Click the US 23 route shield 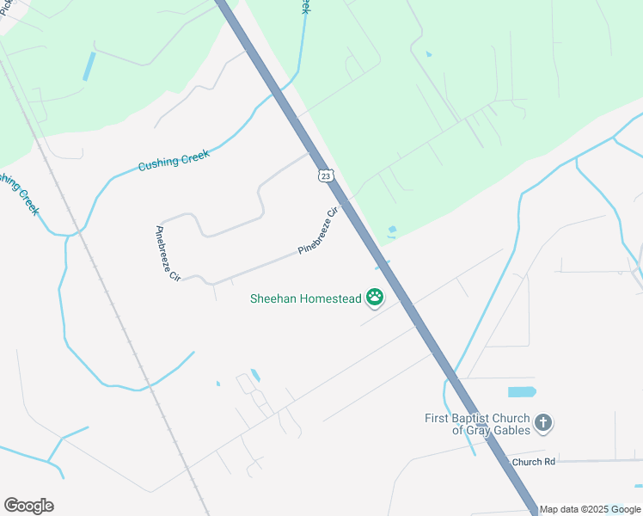324,175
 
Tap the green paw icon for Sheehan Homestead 375,298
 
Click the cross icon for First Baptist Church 542,422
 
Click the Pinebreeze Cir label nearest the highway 318,231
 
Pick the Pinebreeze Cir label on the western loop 167,254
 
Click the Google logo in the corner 28,506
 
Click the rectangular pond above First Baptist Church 521,392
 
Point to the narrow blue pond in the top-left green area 89,67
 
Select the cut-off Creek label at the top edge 303,7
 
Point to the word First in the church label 439,419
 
